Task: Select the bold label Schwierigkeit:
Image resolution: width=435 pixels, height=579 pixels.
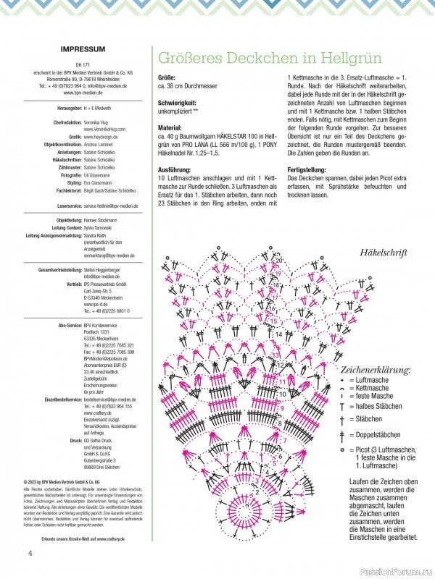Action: coord(178,103)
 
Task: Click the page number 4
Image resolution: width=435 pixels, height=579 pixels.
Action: coord(30,554)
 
